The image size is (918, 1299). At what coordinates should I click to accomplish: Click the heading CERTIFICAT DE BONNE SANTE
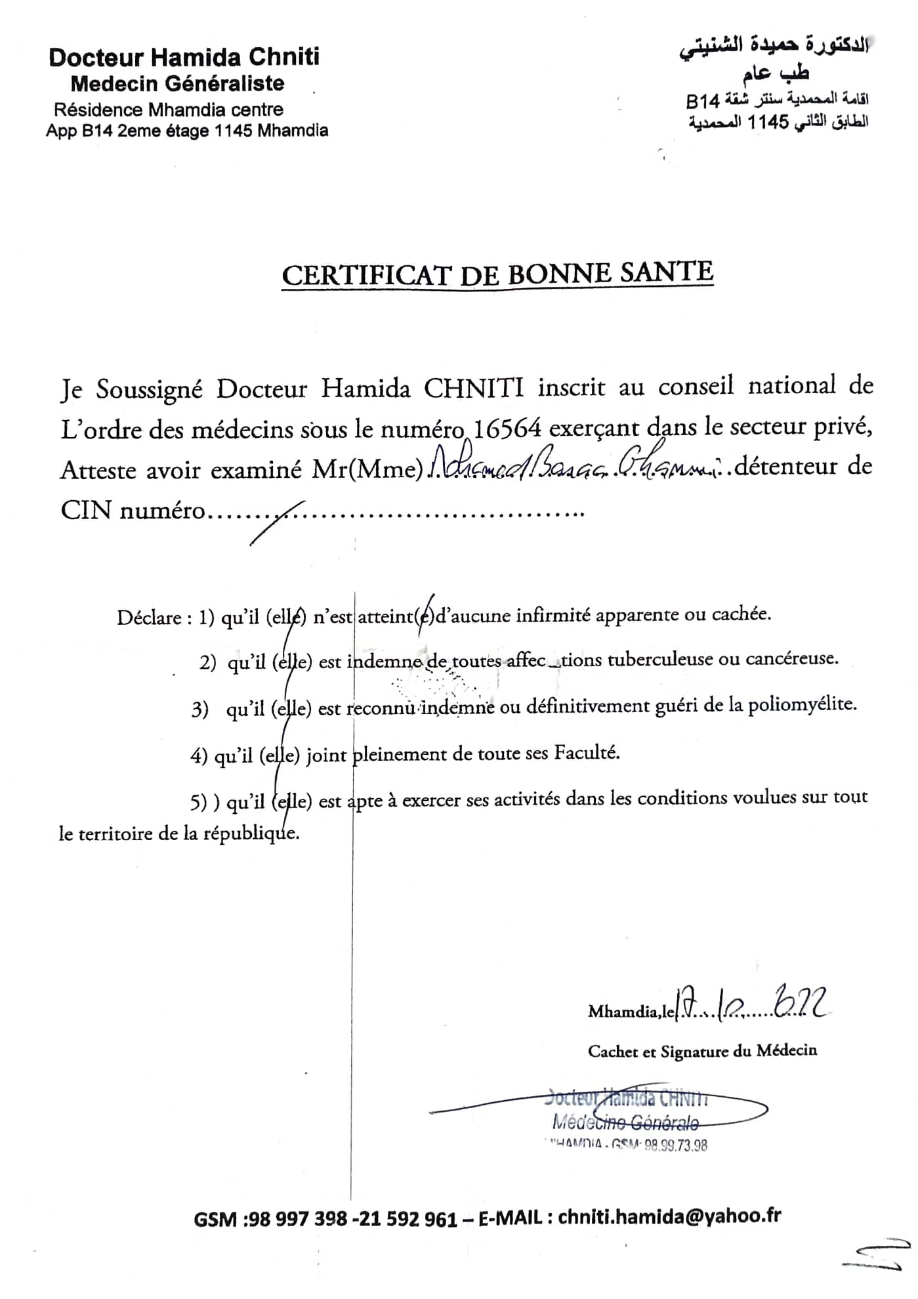497,274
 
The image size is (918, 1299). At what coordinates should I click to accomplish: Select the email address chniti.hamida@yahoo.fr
669,1216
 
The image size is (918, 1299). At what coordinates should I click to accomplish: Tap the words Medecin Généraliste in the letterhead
177,84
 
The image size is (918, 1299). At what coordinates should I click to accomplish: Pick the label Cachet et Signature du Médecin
702,1051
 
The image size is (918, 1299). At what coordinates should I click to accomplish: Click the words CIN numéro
133,510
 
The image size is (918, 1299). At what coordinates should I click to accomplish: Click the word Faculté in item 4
587,752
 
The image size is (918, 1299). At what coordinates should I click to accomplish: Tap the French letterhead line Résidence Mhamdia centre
169,109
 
